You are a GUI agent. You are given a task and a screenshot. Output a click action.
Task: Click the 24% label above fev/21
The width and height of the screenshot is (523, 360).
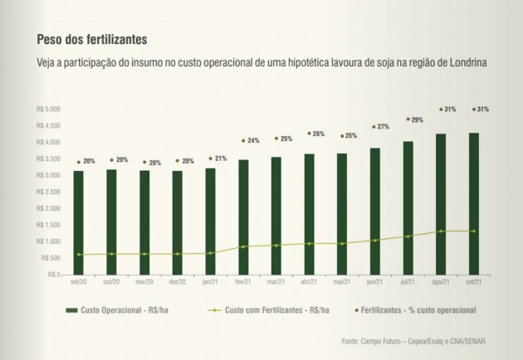252,140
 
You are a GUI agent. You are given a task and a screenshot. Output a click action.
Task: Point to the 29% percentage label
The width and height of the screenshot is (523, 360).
416,119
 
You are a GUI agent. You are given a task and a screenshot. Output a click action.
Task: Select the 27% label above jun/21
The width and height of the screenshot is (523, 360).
383,127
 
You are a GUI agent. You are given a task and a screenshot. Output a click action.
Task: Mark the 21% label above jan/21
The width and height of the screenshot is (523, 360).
220,158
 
